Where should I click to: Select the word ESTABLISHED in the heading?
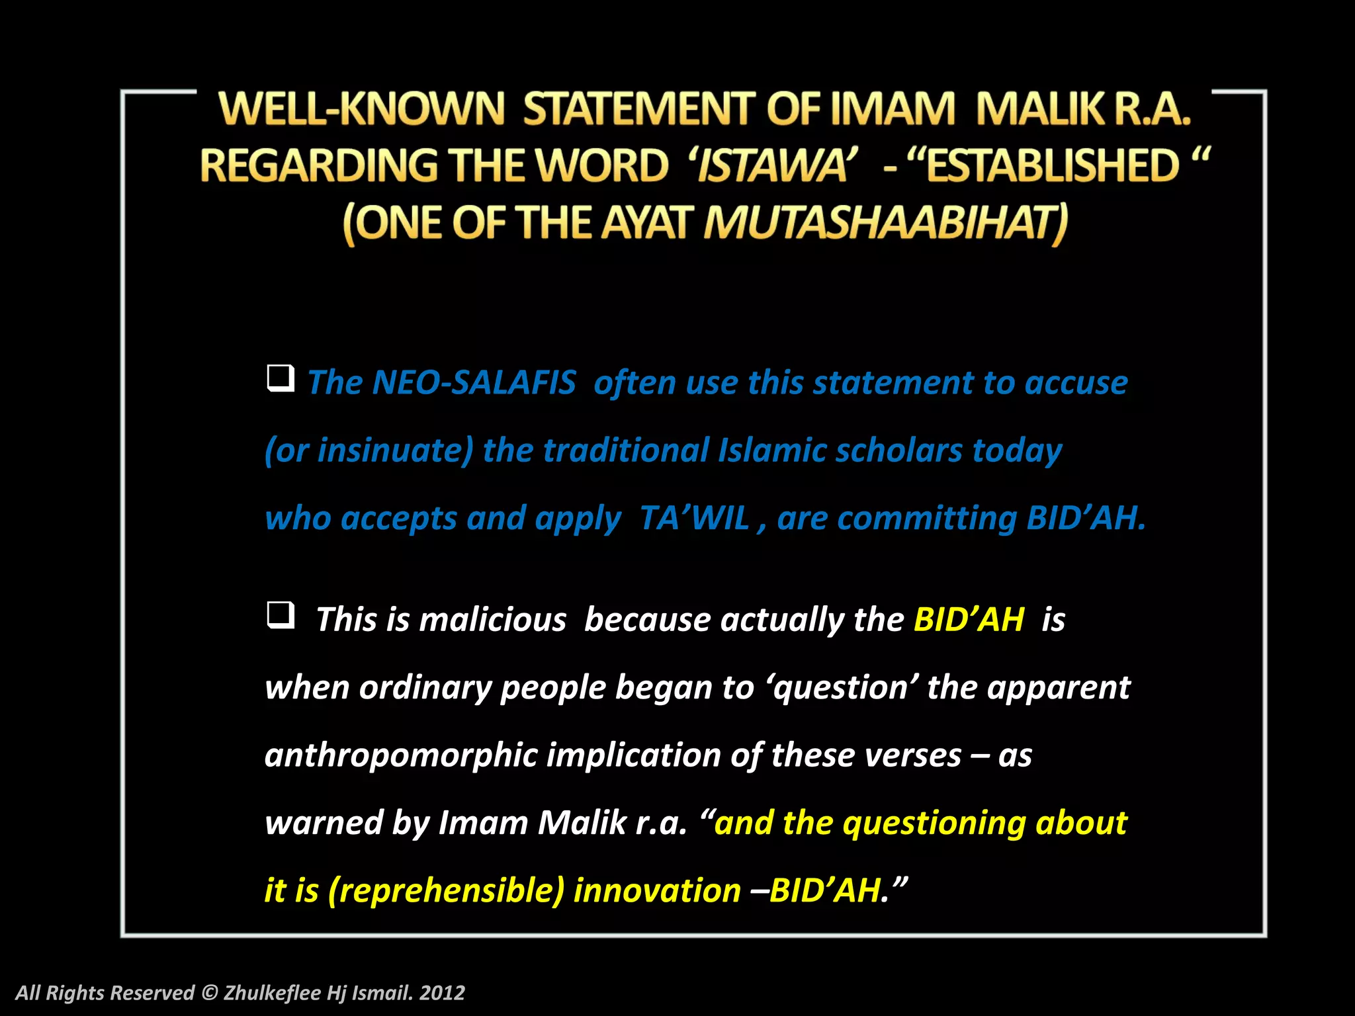[x=1053, y=165]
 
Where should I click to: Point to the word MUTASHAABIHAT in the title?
[x=885, y=223]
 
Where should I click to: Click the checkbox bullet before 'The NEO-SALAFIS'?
[x=281, y=378]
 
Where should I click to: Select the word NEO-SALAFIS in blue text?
[x=474, y=383]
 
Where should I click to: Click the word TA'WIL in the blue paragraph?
[x=694, y=518]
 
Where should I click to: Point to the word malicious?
[x=492, y=620]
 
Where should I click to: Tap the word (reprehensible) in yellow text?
[x=446, y=890]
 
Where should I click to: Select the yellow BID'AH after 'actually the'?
[x=969, y=620]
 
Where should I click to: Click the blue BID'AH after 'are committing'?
[x=1085, y=518]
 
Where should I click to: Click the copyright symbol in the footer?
[x=209, y=993]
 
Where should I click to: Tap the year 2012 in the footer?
[x=442, y=993]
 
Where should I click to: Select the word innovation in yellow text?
[x=657, y=890]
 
